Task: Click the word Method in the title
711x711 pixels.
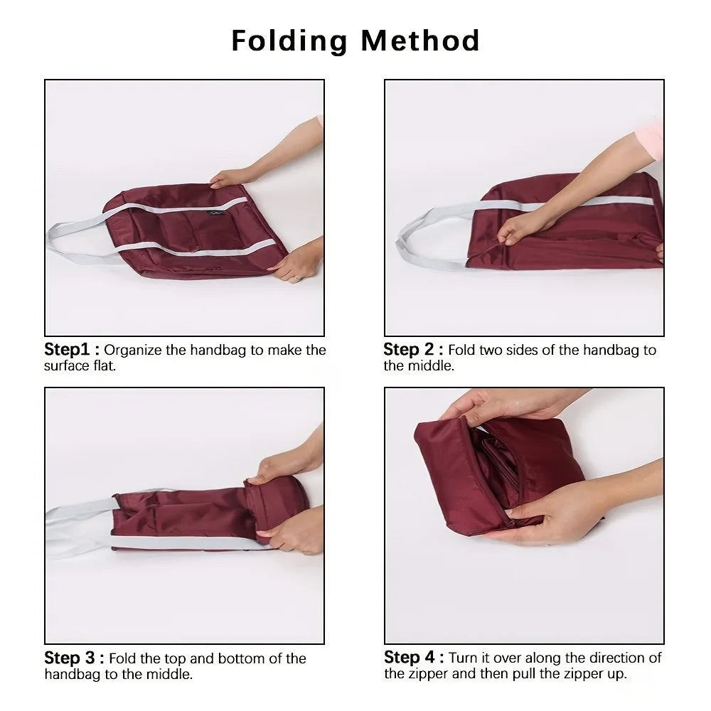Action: coord(420,41)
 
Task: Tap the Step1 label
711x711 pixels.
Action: coord(68,349)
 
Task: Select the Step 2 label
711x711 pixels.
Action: coord(408,349)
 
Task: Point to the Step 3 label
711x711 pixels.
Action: coord(70,658)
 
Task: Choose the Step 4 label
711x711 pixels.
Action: coord(409,657)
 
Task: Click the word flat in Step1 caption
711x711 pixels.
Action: coord(103,367)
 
